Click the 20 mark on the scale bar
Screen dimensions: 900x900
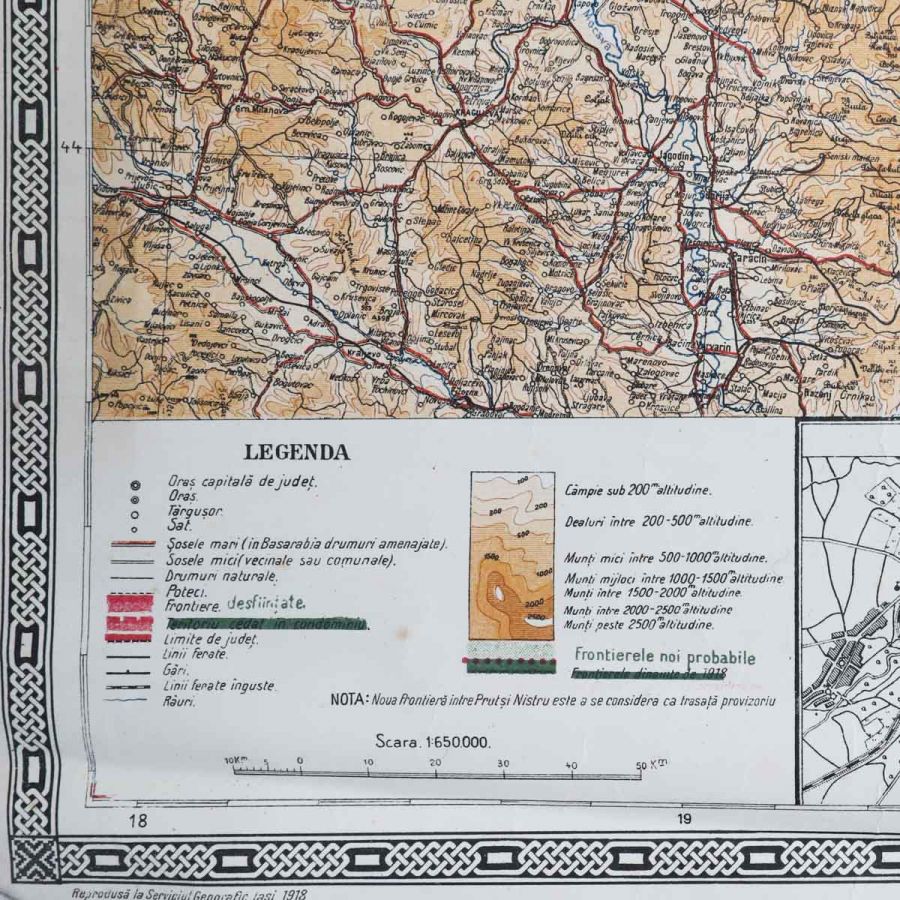coord(434,763)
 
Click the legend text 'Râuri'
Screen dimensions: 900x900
coord(182,701)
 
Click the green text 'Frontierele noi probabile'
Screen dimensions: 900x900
coord(664,658)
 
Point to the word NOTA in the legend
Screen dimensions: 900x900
coord(348,700)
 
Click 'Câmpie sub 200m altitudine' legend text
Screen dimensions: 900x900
coord(637,490)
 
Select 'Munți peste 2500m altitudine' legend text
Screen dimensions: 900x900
coord(639,625)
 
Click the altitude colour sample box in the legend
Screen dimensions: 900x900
coord(512,555)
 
